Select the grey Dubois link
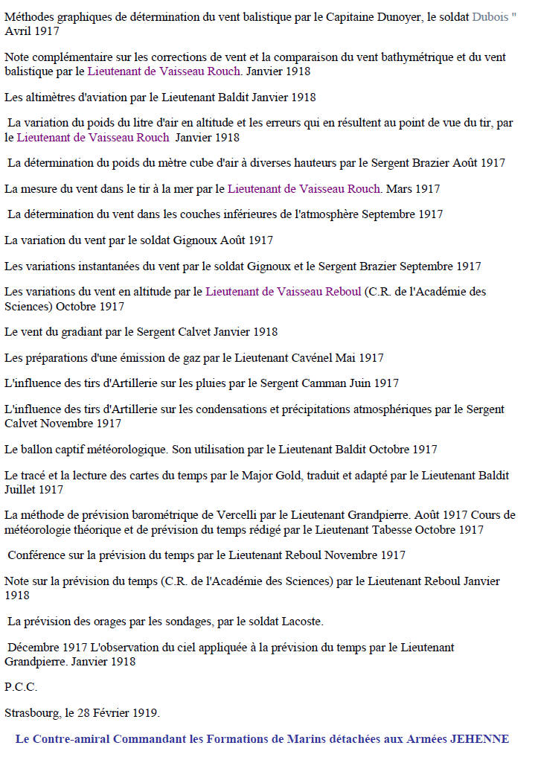coord(491,16)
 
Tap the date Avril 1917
coord(32,31)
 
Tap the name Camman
coord(322,383)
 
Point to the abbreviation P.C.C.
coord(21,686)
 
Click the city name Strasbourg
coord(32,712)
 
